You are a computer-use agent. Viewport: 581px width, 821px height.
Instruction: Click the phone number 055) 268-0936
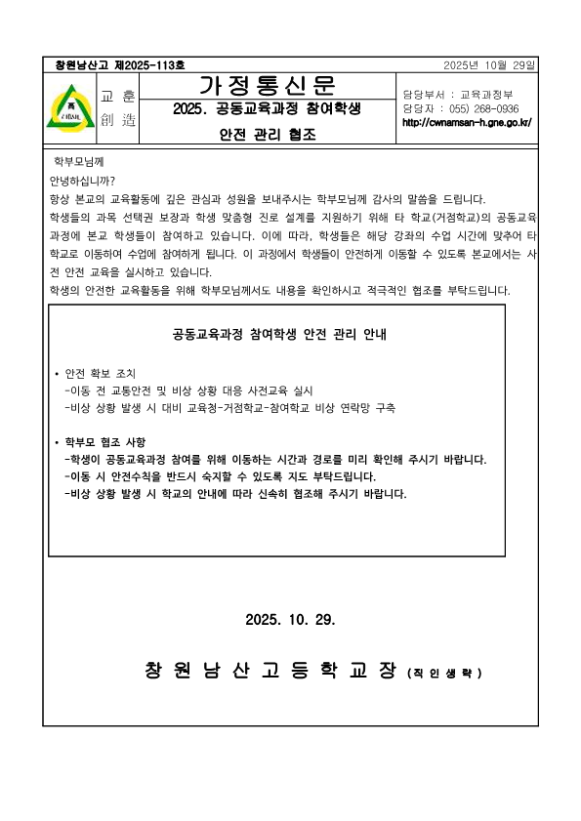(x=483, y=108)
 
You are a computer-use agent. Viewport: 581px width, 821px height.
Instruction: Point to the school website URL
(x=467, y=122)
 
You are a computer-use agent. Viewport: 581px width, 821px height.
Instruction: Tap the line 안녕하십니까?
(x=81, y=181)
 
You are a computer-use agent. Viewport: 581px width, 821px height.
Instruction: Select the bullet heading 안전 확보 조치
(x=100, y=374)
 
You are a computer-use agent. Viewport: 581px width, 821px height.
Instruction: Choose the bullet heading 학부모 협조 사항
(x=104, y=442)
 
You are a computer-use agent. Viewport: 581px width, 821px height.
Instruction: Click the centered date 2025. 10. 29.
(x=291, y=620)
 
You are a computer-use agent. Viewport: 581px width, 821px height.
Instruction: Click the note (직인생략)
(x=444, y=674)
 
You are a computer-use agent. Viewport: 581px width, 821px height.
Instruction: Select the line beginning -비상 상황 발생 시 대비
(x=229, y=408)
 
